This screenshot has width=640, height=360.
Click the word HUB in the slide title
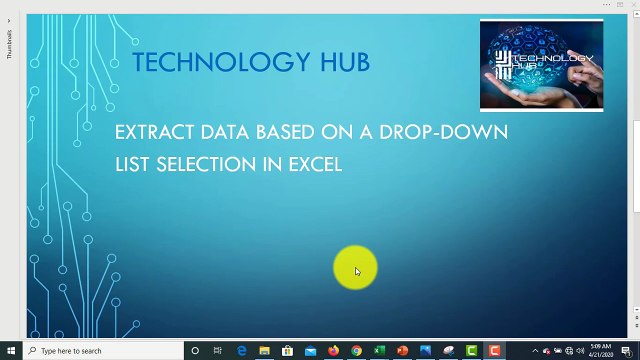(344, 62)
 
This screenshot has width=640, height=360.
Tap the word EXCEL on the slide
(315, 164)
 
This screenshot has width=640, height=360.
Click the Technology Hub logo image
(541, 65)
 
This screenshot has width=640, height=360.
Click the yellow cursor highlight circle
(356, 269)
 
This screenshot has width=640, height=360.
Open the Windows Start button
(11, 351)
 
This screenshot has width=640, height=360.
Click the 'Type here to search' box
(100, 351)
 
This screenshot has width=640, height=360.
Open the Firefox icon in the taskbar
(333, 351)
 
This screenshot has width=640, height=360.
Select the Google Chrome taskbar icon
(356, 351)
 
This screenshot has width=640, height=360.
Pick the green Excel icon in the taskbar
(379, 351)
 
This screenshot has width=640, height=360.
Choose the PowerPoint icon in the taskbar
(402, 351)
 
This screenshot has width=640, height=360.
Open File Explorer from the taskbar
(264, 351)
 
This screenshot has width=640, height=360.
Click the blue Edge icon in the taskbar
(241, 351)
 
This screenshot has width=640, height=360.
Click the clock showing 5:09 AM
(600, 350)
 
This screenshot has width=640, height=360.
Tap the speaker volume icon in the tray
(570, 351)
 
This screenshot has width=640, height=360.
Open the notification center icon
(628, 351)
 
